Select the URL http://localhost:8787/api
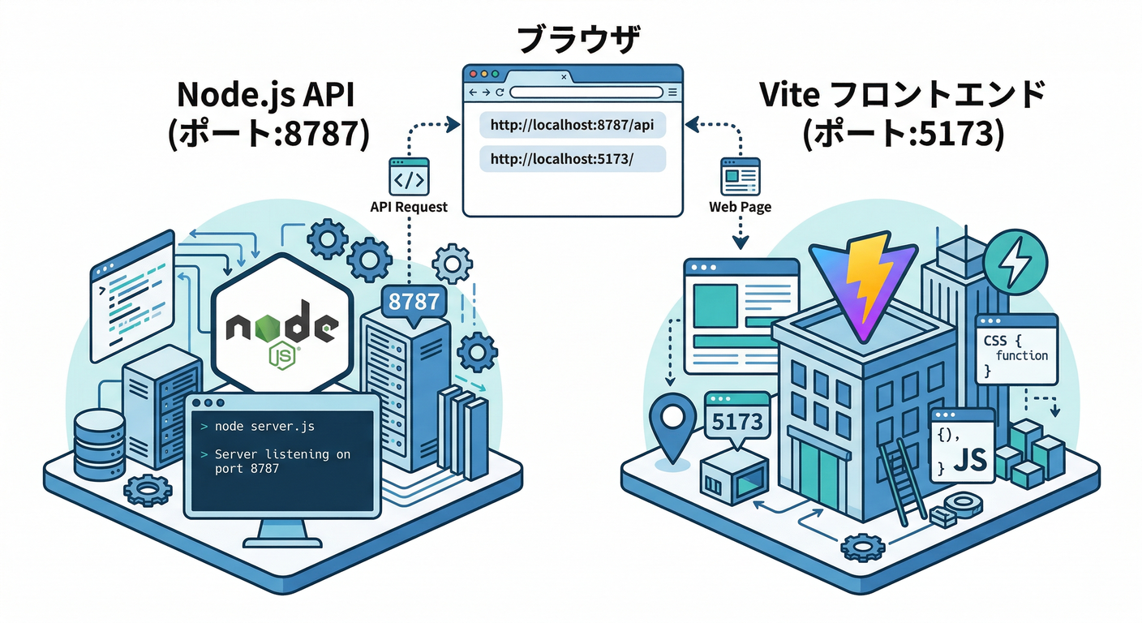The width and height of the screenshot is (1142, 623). [572, 126]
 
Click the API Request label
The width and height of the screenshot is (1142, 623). [409, 207]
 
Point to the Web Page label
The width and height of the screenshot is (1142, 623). [740, 207]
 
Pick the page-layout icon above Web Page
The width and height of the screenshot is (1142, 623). [740, 175]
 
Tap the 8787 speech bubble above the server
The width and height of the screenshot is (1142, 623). [414, 302]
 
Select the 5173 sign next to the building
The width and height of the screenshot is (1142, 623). [737, 420]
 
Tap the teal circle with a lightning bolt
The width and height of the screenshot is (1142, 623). [1015, 262]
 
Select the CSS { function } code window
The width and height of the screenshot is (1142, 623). [1016, 349]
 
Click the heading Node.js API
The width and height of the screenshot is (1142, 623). [268, 98]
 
